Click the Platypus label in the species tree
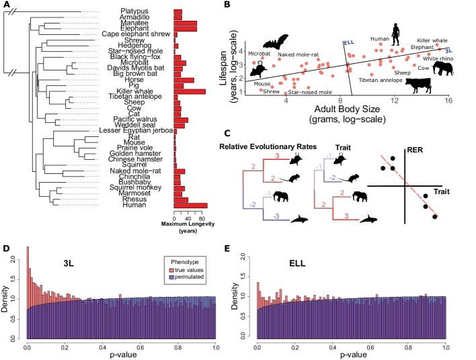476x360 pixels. [x=149, y=12]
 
